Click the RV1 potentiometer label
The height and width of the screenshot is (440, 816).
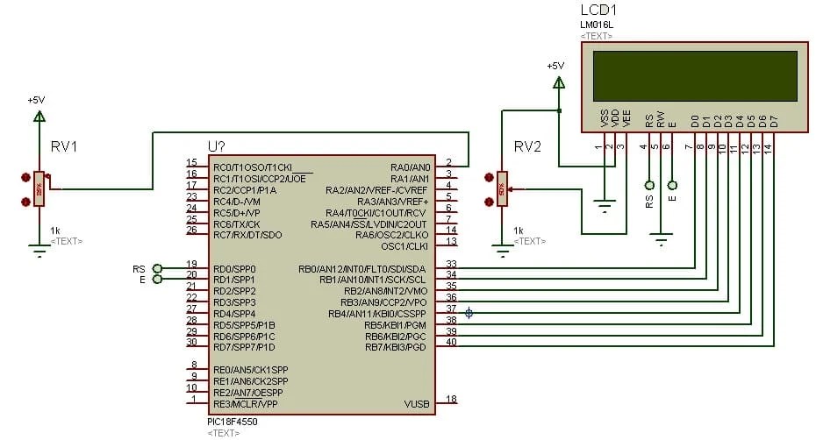click(64, 146)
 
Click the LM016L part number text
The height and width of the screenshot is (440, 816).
click(598, 25)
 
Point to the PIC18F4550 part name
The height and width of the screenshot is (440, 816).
click(233, 422)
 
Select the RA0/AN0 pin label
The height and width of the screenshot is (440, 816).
click(410, 166)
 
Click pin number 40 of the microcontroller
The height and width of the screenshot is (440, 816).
click(451, 343)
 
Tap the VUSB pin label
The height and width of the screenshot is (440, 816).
click(416, 404)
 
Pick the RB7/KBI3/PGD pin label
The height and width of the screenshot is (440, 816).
click(395, 347)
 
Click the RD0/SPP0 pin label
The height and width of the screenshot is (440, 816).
click(234, 268)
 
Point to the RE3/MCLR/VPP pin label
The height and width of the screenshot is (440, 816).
click(246, 404)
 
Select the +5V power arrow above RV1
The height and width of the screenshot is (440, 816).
click(38, 116)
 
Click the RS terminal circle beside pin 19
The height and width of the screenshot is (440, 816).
click(157, 268)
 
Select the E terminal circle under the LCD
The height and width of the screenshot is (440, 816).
click(672, 185)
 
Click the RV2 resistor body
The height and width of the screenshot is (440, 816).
click(501, 188)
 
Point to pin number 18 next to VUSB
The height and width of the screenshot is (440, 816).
click(451, 400)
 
